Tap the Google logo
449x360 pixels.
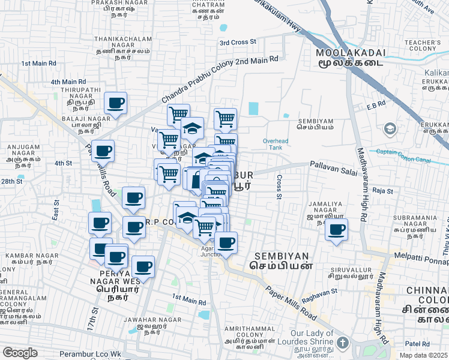(x=20, y=352)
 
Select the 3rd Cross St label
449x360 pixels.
(x=238, y=42)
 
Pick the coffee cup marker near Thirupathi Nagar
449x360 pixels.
(x=115, y=103)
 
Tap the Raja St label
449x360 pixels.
(x=382, y=191)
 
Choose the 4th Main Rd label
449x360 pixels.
(x=68, y=82)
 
